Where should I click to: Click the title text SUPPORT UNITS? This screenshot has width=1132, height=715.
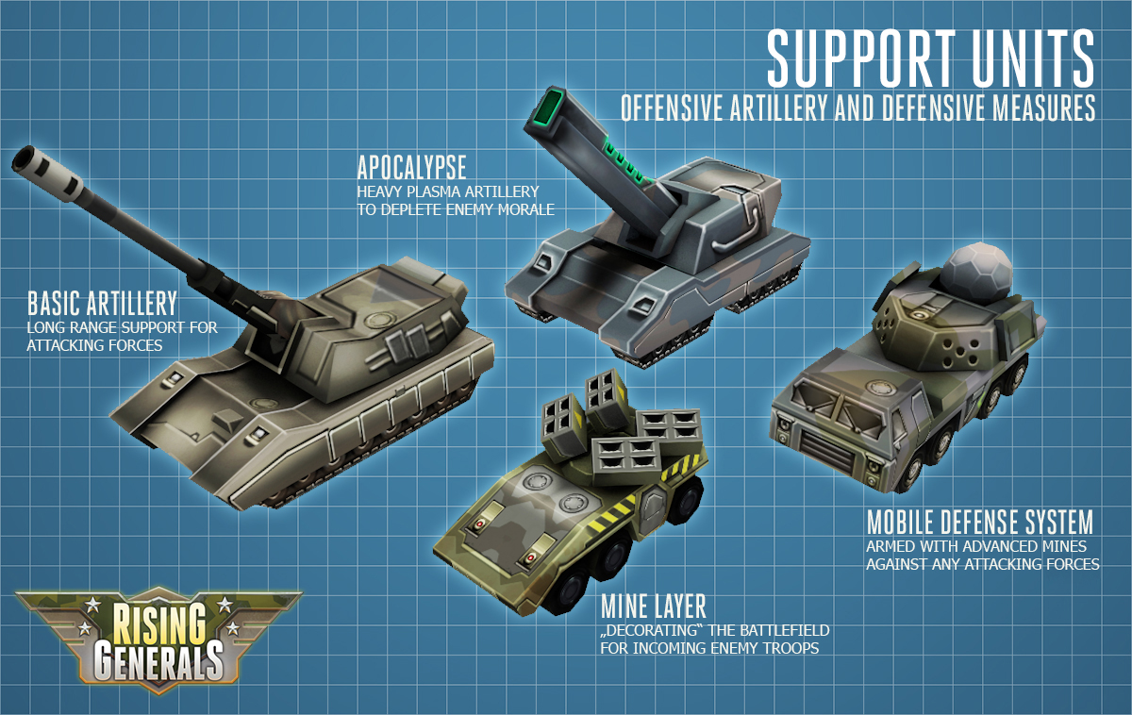(x=930, y=58)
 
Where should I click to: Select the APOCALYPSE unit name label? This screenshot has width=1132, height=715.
(x=411, y=169)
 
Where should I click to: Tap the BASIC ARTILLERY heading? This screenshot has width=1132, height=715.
(x=102, y=304)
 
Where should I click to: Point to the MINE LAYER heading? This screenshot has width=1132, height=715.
(x=653, y=606)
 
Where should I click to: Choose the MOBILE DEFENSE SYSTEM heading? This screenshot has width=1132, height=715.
(x=979, y=522)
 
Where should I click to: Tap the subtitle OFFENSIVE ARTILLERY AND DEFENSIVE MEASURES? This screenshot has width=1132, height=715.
(x=857, y=108)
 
